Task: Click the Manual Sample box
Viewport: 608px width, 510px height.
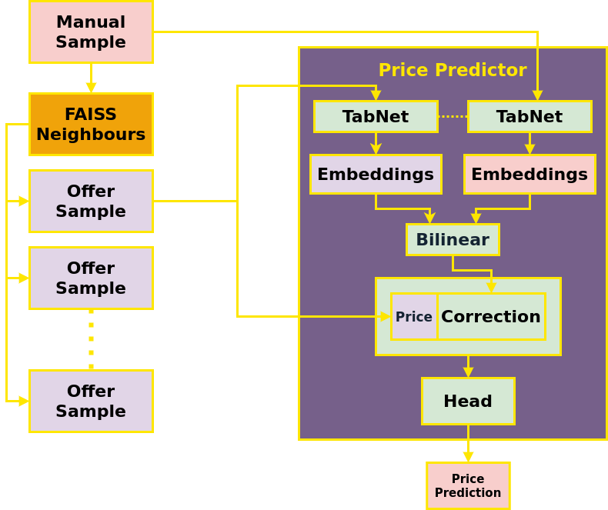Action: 91,32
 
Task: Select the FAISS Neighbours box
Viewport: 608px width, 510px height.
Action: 91,125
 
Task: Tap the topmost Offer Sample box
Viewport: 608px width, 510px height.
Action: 91,202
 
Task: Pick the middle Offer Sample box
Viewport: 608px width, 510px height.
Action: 91,278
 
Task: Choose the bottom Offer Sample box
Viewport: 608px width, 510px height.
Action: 91,402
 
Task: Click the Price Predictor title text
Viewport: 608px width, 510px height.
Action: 453,70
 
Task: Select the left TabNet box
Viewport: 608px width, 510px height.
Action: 376,117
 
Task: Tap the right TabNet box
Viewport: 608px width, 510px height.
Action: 529,117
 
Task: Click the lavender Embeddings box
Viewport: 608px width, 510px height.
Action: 376,175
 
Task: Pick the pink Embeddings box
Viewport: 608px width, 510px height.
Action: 529,175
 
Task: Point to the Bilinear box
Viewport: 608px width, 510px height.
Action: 453,240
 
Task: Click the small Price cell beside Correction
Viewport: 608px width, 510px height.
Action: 414,317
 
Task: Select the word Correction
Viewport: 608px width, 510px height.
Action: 491,317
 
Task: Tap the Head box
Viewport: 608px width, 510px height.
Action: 468,402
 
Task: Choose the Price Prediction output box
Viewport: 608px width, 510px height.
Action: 468,486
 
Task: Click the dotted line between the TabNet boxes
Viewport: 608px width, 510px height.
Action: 453,117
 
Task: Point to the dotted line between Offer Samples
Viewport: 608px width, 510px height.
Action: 91,339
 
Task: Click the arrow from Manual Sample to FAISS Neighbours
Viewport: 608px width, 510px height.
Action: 91,78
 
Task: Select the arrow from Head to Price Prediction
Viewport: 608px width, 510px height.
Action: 468,444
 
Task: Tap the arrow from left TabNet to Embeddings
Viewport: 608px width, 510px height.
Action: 376,144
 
